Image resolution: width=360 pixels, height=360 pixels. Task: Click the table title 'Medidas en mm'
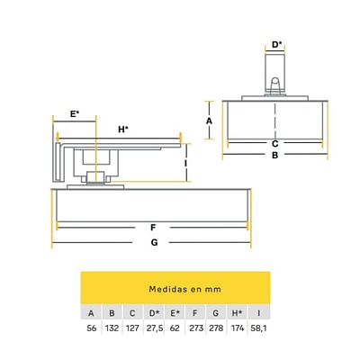click(x=184, y=289)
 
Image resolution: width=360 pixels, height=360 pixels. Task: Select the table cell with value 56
click(x=92, y=328)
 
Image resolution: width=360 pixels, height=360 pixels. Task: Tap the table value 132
click(x=112, y=328)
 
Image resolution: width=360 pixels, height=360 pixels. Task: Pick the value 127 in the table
click(x=132, y=328)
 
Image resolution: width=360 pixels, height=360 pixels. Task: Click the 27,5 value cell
click(x=155, y=328)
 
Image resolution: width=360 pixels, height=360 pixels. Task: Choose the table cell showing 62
click(x=175, y=328)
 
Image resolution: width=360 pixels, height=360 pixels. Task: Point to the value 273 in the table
click(x=196, y=328)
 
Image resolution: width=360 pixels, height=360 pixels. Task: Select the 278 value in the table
click(x=216, y=328)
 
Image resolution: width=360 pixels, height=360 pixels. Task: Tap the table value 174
click(x=238, y=328)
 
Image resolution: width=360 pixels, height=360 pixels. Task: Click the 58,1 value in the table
click(x=258, y=328)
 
